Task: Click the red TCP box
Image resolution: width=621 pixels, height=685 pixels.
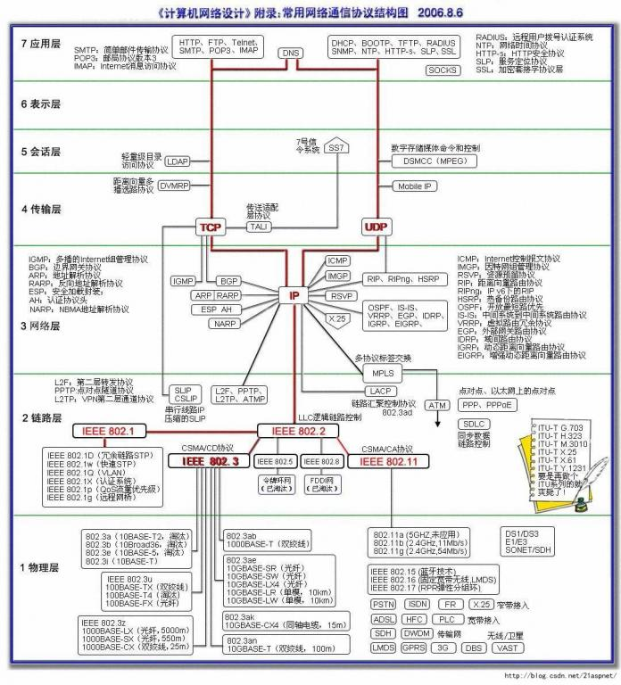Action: point(211,227)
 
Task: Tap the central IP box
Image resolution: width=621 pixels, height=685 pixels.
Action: point(294,295)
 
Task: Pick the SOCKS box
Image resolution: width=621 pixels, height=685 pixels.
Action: point(442,70)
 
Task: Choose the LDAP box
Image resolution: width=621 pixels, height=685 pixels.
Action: point(178,161)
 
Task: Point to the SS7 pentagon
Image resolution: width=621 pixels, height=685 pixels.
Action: point(336,148)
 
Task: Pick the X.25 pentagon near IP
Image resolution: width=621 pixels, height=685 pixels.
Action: point(336,318)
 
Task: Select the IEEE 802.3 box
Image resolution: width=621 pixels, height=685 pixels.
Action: point(211,461)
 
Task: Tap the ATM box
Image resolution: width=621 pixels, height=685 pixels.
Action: point(437,405)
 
